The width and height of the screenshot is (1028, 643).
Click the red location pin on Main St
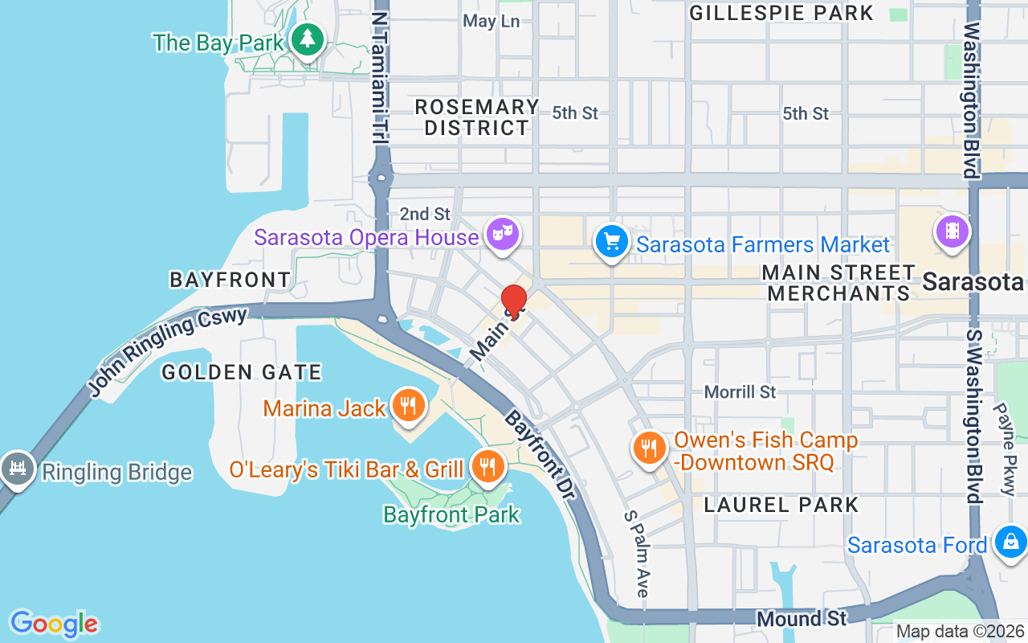pyautogui.click(x=514, y=301)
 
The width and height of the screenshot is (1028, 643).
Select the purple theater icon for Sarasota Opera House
pyautogui.click(x=503, y=234)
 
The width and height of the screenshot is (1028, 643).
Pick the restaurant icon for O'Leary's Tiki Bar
pyautogui.click(x=487, y=465)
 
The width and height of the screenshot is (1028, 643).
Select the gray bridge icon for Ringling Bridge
pyautogui.click(x=16, y=468)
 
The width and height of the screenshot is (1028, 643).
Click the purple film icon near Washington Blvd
pyautogui.click(x=952, y=232)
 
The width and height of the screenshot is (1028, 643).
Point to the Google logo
pyautogui.click(x=54, y=624)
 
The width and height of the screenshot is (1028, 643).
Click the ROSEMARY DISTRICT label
pyautogui.click(x=477, y=117)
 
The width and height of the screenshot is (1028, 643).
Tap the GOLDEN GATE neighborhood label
pyautogui.click(x=242, y=372)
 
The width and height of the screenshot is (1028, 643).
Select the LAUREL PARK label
pyautogui.click(x=781, y=505)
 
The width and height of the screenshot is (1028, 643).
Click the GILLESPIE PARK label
pyautogui.click(x=781, y=13)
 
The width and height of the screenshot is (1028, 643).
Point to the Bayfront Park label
pyautogui.click(x=451, y=514)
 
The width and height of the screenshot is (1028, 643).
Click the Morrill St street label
pyautogui.click(x=740, y=391)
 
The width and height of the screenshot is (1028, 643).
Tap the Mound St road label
pyautogui.click(x=801, y=618)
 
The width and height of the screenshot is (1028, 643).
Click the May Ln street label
pyautogui.click(x=492, y=21)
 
